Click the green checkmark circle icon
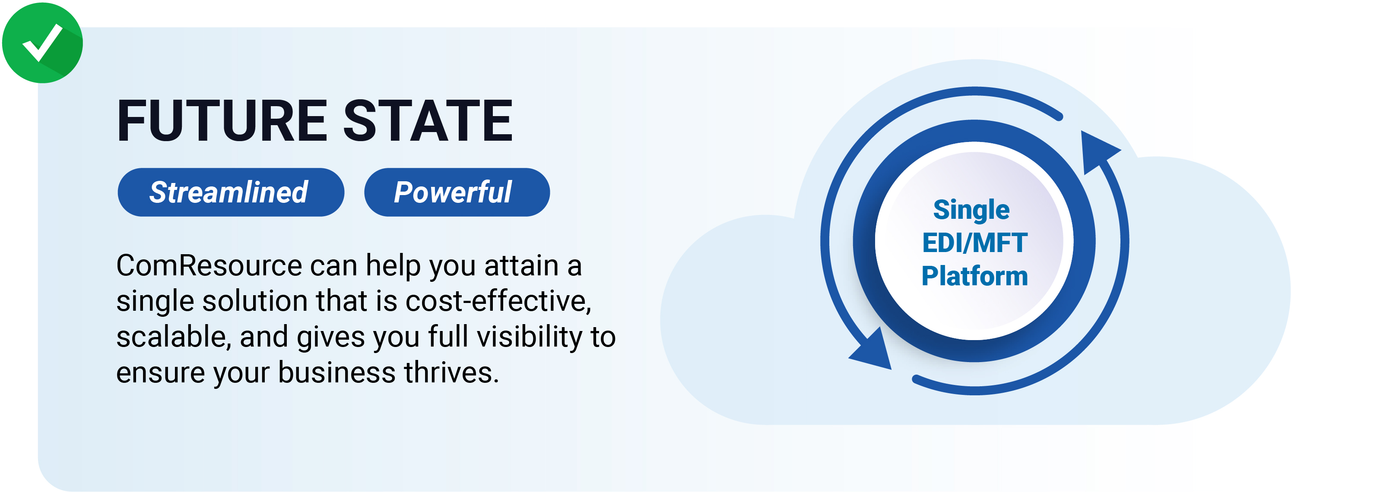(43, 43)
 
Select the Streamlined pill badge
(231, 192)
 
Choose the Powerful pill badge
(457, 192)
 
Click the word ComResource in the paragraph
(209, 265)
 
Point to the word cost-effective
(498, 301)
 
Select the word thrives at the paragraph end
(452, 372)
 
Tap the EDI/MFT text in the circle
(974, 243)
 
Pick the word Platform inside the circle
(974, 276)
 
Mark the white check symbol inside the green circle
(42, 43)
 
